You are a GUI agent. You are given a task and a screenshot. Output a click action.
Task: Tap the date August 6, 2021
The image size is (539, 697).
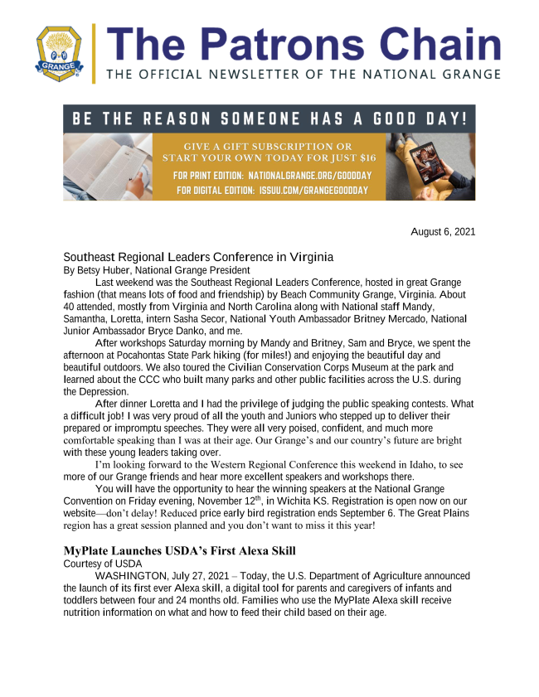click(443, 232)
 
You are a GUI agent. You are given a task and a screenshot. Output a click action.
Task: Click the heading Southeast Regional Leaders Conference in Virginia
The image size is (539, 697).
click(198, 257)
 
